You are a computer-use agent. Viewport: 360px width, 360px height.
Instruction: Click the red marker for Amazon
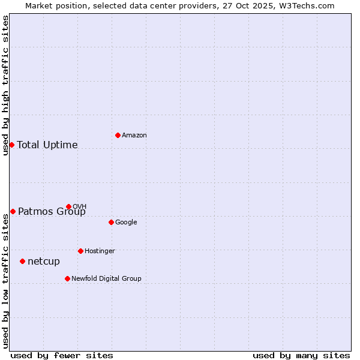click(118, 135)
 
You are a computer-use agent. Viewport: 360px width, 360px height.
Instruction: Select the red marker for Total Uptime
click(11, 145)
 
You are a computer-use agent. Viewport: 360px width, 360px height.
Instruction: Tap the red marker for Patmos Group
click(13, 211)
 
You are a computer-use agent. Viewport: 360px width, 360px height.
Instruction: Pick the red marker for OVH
click(68, 206)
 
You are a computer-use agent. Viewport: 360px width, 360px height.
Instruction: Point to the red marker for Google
click(111, 222)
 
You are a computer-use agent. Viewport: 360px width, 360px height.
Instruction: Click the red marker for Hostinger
click(80, 251)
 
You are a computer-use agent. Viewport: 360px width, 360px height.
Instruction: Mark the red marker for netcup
click(22, 261)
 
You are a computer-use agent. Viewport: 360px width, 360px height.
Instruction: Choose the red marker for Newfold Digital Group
click(67, 278)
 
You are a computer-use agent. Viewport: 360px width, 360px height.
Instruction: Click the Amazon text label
click(134, 135)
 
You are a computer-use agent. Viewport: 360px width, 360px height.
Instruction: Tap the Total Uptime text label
click(47, 145)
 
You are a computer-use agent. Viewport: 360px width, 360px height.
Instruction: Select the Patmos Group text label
click(52, 211)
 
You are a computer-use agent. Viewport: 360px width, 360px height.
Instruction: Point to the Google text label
click(126, 222)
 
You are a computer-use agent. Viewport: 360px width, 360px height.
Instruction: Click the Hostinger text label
click(100, 251)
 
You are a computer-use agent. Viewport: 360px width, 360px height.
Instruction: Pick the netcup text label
click(44, 261)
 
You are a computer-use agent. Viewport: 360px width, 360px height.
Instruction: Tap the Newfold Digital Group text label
click(106, 278)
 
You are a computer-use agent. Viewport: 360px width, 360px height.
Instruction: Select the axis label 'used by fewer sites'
click(62, 355)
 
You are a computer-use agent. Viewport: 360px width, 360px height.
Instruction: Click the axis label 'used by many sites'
click(301, 355)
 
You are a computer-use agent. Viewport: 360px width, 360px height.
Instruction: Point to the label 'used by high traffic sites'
click(5, 85)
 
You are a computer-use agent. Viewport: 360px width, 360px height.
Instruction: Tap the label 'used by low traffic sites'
click(5, 281)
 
